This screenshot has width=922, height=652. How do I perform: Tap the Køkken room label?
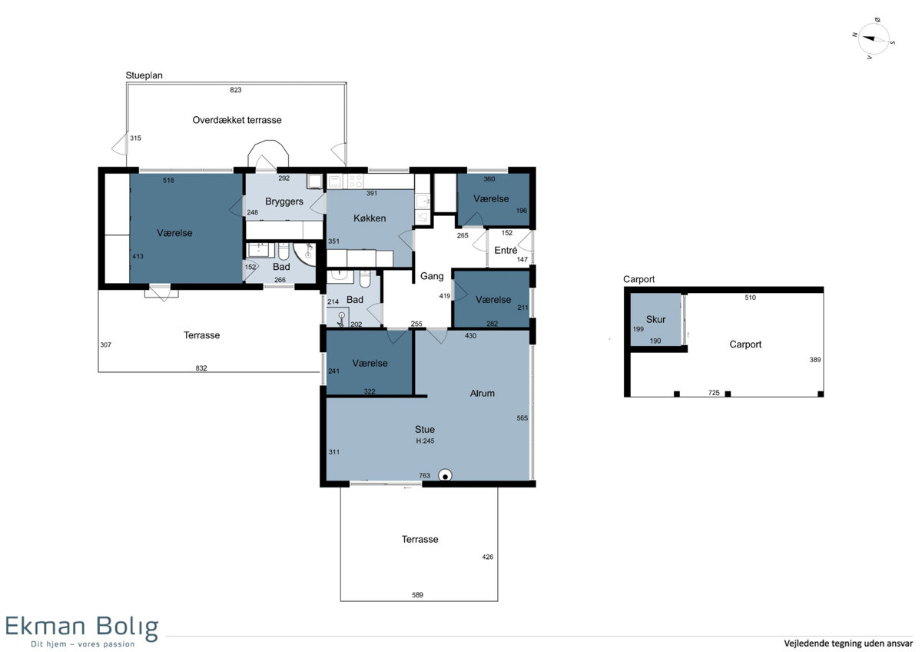pyautogui.click(x=370, y=218)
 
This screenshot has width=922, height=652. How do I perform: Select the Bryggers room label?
pyautogui.click(x=284, y=201)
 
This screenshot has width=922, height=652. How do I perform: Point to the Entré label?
pyautogui.click(x=506, y=250)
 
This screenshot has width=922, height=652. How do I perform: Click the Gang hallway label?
pyautogui.click(x=432, y=276)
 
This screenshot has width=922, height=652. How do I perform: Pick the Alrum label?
pyautogui.click(x=482, y=394)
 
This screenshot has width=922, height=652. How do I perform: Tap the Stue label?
pyautogui.click(x=424, y=430)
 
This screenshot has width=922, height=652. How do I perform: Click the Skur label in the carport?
pyautogui.click(x=655, y=319)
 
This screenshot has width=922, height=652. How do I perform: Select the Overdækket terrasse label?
pyautogui.click(x=237, y=120)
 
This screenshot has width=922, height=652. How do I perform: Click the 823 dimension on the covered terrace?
pyautogui.click(x=235, y=90)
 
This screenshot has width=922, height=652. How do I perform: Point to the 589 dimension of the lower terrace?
pyautogui.click(x=417, y=595)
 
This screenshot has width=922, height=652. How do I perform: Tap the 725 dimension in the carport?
pyautogui.click(x=714, y=393)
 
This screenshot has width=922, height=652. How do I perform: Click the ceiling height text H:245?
pyautogui.click(x=425, y=441)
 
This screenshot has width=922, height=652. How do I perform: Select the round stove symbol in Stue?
pyautogui.click(x=445, y=475)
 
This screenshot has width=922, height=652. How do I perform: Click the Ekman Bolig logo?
pyautogui.click(x=81, y=631)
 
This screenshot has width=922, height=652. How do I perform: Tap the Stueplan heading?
pyautogui.click(x=144, y=75)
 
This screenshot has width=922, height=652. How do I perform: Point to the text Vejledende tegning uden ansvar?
pyautogui.click(x=848, y=643)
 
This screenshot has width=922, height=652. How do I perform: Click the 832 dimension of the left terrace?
pyautogui.click(x=201, y=368)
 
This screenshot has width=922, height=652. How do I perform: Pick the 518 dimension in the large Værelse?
pyautogui.click(x=168, y=180)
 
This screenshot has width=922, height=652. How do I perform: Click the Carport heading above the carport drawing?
pyautogui.click(x=638, y=279)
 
